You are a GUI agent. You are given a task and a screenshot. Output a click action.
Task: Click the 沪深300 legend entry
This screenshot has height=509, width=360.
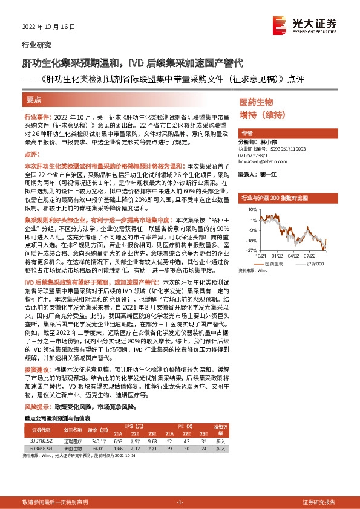316,265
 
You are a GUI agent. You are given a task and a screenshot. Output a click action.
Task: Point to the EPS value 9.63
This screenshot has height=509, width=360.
152,442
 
